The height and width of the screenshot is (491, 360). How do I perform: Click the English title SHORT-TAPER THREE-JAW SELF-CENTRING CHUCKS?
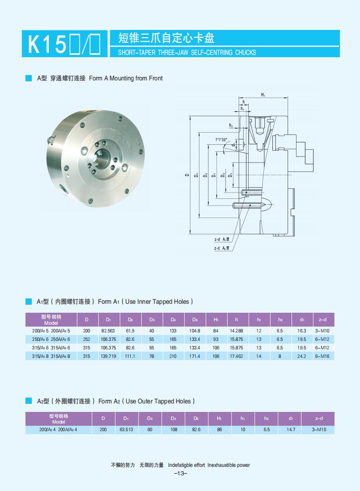tap(186, 53)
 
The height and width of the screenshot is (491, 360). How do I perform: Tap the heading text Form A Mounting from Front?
tap(126, 78)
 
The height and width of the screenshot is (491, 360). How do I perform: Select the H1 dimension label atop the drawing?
tap(263, 95)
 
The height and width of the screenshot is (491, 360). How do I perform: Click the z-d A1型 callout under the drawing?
tap(222, 240)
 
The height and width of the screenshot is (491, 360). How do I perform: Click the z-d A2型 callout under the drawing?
tap(222, 248)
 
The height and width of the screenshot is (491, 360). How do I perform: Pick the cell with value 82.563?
tap(108, 331)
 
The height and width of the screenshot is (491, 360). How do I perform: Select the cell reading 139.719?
tap(108, 356)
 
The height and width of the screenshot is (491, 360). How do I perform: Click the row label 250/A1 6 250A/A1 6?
tap(51, 339)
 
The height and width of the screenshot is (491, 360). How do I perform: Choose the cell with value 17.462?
tap(236, 356)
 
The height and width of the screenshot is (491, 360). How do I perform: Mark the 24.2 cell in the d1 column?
tap(301, 356)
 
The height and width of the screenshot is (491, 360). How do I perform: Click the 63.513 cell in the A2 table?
tap(126, 429)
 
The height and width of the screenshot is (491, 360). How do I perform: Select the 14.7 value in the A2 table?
tap(291, 429)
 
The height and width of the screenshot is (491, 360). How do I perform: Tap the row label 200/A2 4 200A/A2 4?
tap(59, 429)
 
